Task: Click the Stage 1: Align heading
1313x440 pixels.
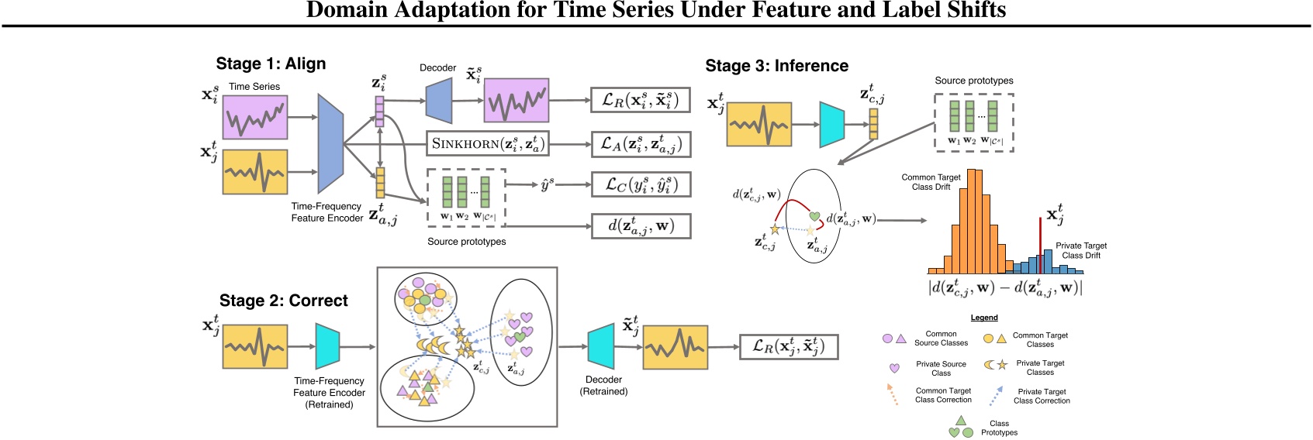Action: (271, 64)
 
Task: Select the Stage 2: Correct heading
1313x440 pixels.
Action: (284, 301)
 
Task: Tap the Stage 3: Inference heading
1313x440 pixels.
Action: (776, 66)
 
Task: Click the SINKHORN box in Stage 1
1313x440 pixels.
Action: (488, 143)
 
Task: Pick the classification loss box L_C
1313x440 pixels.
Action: (641, 185)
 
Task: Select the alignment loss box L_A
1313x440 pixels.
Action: (641, 144)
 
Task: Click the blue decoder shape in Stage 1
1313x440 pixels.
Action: (439, 101)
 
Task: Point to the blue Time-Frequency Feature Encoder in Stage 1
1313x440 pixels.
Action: (330, 143)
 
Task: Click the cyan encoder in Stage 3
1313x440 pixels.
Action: (831, 125)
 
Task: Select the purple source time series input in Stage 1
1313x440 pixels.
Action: (255, 117)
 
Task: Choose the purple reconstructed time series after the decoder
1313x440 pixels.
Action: (517, 100)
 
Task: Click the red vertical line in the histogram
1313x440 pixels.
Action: (1040, 246)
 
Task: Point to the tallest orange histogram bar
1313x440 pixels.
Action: (971, 222)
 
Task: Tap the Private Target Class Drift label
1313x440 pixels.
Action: (1081, 250)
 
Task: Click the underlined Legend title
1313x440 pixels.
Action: (984, 318)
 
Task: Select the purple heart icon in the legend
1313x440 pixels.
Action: (894, 368)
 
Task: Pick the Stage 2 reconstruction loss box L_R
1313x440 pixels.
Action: (789, 346)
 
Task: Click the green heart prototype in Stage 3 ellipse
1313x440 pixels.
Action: (814, 216)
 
